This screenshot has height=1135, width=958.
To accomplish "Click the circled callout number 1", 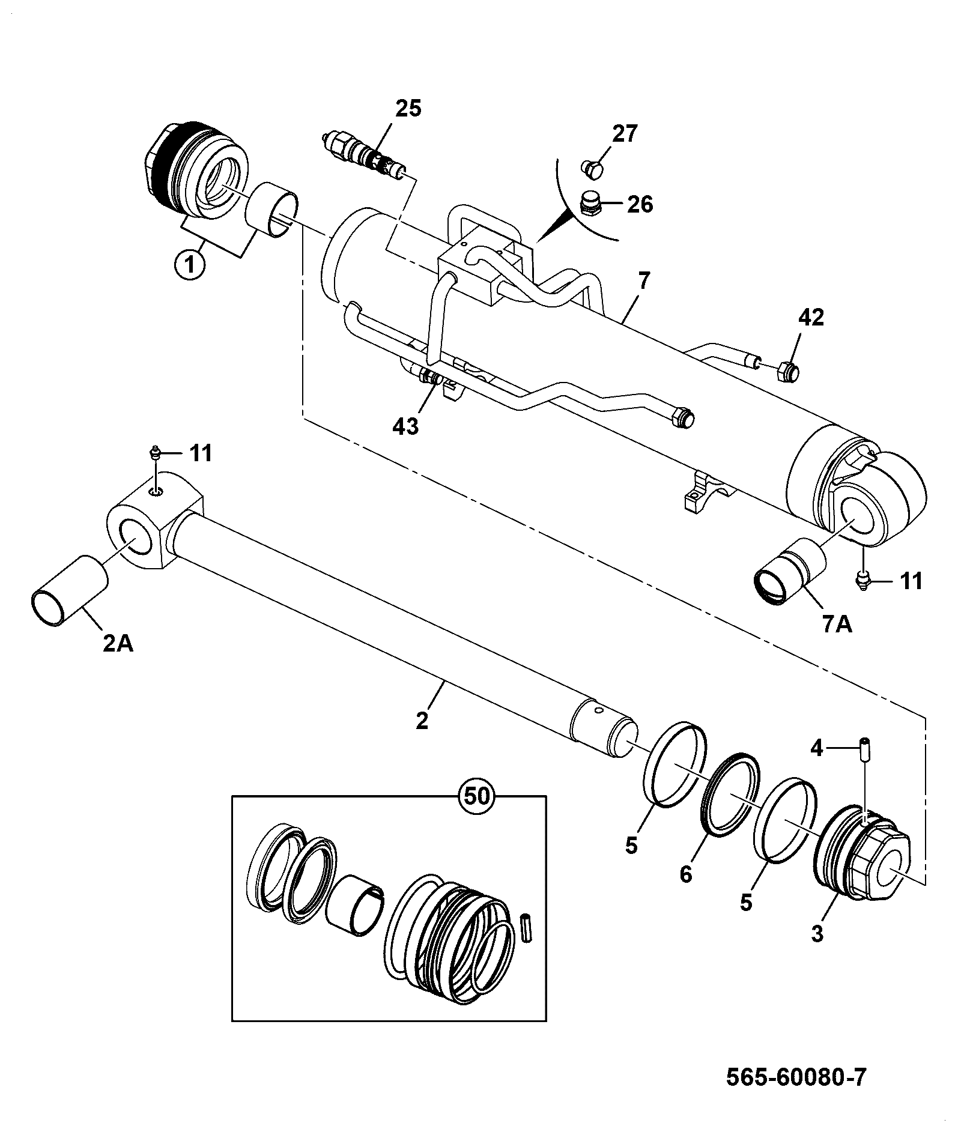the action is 189,264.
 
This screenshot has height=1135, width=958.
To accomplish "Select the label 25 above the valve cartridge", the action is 408,109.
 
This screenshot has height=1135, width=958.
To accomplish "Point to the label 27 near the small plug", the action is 625,133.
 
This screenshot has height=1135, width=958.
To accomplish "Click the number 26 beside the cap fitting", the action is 640,204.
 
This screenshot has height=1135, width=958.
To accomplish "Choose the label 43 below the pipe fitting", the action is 405,427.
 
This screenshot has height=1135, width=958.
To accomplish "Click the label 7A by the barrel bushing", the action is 837,625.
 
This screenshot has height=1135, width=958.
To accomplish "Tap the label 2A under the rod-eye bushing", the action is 118,643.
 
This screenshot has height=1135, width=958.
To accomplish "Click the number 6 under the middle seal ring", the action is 685,874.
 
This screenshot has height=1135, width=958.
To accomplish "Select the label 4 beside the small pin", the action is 816,748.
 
